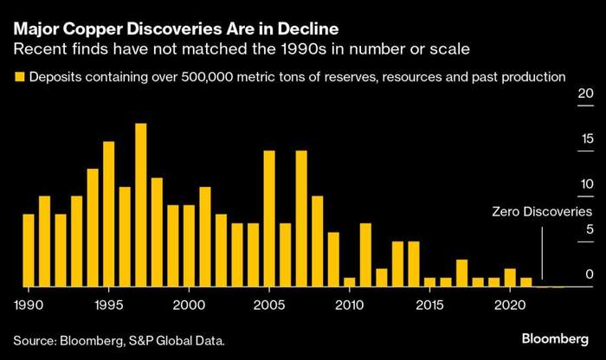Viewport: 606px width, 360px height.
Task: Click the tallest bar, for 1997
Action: pos(141,205)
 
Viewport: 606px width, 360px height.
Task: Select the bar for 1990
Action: pos(29,250)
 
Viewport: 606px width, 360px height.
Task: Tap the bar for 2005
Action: pos(269,219)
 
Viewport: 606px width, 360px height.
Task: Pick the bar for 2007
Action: pos(301,219)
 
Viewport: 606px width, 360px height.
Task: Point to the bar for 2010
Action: pos(350,282)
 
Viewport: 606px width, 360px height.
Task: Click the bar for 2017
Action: pos(461,273)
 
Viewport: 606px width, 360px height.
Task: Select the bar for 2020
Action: pos(510,278)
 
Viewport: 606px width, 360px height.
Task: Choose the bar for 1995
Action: pos(109,214)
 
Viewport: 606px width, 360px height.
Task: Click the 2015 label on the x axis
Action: pos(429,305)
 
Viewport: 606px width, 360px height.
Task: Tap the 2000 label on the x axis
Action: pos(189,305)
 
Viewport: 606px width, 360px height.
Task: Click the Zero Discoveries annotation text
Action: pos(542,212)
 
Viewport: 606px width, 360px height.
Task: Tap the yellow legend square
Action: pos(19,76)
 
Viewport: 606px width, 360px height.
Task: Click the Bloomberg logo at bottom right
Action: pos(555,339)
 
